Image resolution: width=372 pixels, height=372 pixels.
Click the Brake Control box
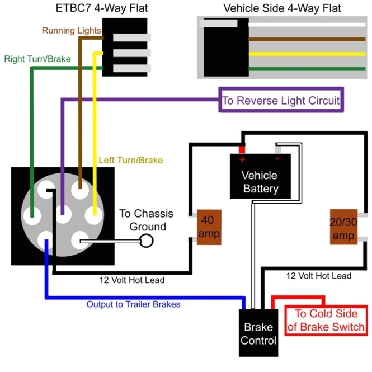click(258, 334)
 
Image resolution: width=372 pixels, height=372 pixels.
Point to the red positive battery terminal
click(242, 150)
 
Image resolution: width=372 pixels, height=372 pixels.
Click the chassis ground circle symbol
click(147, 241)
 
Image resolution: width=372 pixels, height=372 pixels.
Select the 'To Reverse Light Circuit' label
click(281, 101)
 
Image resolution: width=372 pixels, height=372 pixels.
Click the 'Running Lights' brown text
click(72, 30)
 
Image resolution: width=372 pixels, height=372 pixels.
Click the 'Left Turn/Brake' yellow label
click(131, 160)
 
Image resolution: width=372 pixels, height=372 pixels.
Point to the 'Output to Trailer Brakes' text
click(133, 304)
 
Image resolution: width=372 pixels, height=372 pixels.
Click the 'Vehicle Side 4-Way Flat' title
click(282, 8)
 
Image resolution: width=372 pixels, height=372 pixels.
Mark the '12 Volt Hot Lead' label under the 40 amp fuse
click(131, 280)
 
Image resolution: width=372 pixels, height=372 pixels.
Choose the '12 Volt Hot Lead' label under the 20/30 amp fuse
click(319, 276)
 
